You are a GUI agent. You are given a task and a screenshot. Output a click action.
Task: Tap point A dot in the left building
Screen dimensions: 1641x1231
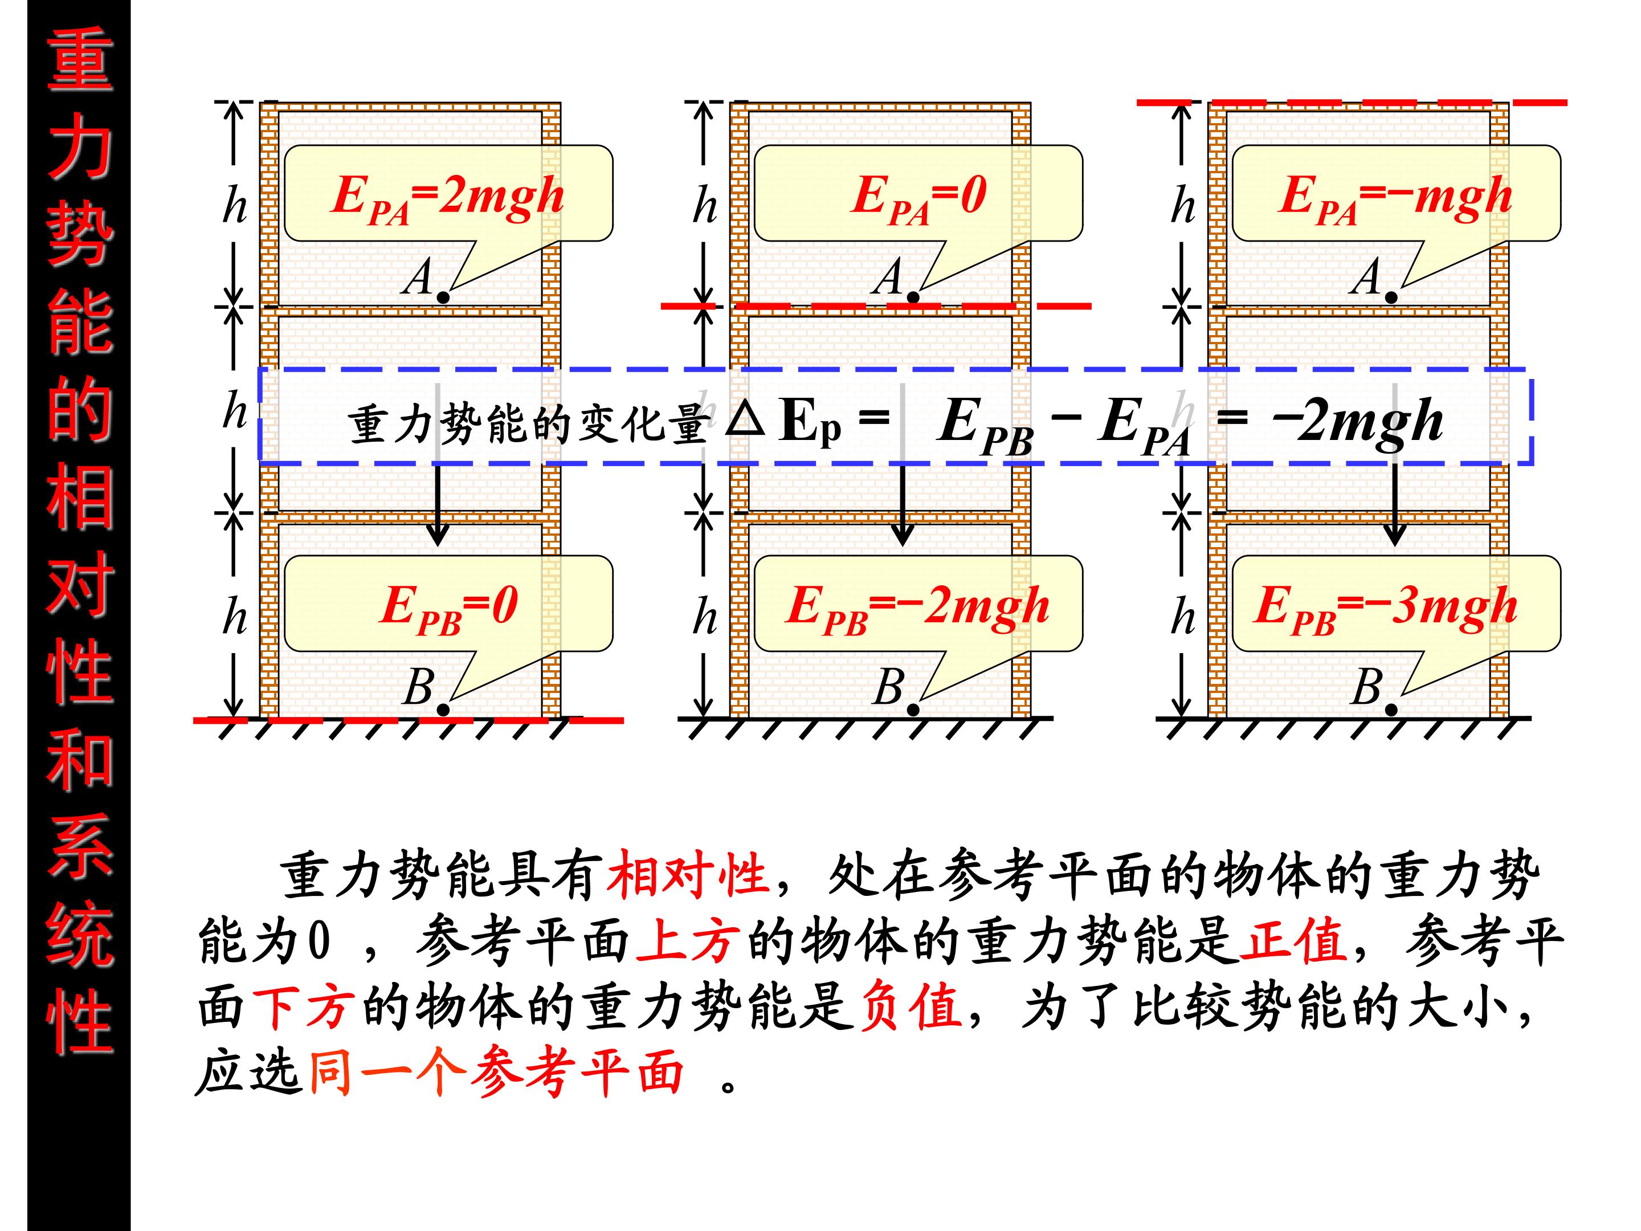[443, 297]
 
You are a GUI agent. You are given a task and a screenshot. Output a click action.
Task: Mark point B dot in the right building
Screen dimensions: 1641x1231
[1391, 710]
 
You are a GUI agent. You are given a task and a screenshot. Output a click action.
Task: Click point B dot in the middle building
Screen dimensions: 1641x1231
[913, 710]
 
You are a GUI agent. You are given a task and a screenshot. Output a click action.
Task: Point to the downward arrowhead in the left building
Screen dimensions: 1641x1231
[438, 533]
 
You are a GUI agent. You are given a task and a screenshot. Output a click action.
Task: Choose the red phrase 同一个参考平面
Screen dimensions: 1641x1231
[496, 1071]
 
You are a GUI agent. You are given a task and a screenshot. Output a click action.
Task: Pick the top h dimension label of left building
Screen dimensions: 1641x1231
[234, 204]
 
